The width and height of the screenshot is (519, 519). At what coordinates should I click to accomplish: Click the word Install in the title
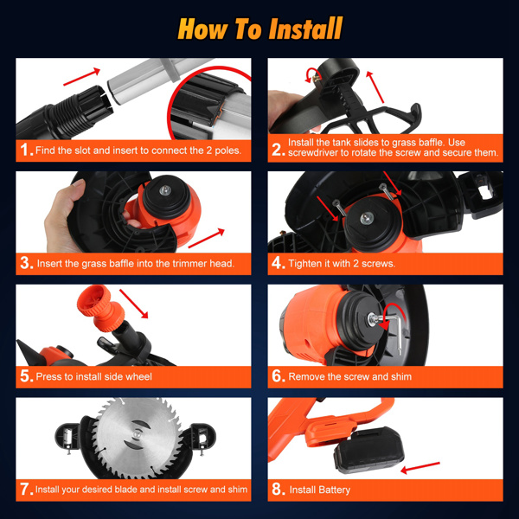point(305,29)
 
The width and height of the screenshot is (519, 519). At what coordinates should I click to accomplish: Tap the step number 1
point(24,150)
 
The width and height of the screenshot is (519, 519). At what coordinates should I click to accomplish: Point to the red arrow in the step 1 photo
point(81,76)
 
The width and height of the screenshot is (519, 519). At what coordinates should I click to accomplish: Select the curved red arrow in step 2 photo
point(311,75)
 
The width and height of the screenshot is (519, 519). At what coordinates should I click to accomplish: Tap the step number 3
point(25,263)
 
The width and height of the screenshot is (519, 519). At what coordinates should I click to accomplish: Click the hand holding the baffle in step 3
point(63,217)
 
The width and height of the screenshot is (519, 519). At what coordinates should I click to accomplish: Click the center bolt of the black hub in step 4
point(367,218)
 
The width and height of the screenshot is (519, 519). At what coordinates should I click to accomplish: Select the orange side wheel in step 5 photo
point(100,308)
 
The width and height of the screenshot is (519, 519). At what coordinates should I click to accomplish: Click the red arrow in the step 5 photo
point(133,304)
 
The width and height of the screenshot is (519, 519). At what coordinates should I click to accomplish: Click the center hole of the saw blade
point(137,434)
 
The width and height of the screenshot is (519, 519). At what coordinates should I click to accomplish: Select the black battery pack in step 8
point(368,450)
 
